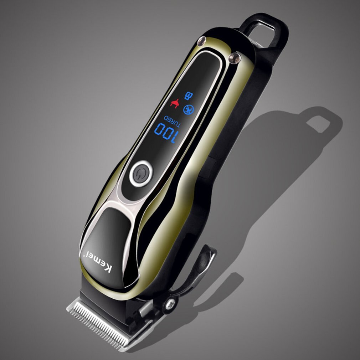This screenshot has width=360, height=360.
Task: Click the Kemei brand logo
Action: pyautogui.click(x=93, y=262)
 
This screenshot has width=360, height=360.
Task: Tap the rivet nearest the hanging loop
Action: pyautogui.click(x=235, y=57)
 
